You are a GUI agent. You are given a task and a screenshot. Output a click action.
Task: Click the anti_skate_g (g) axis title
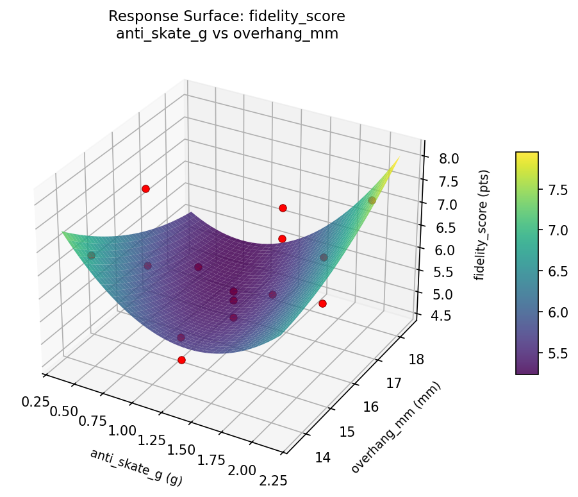[x=136, y=467]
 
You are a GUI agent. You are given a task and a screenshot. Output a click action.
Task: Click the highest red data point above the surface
[x=145, y=189]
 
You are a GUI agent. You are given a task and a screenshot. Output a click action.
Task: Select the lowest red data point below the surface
[x=181, y=360]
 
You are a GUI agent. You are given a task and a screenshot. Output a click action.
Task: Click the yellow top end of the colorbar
[x=527, y=155]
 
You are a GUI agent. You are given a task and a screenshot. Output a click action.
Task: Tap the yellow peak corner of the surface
[x=399, y=157]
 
